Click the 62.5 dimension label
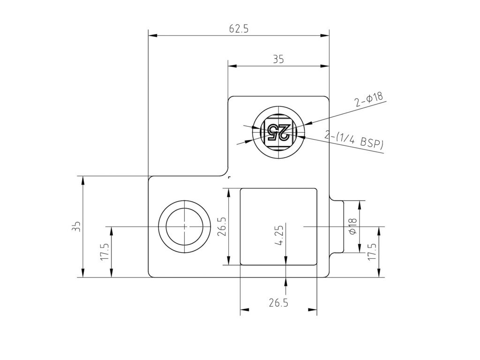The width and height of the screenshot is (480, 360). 239,29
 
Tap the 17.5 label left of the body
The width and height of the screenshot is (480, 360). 105,252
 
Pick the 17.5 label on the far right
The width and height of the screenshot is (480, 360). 372,252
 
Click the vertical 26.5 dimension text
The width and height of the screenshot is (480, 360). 222,227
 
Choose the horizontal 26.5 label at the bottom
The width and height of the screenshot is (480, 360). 278,303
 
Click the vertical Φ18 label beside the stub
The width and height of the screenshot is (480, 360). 352,226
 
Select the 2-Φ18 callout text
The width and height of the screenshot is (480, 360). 369,99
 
